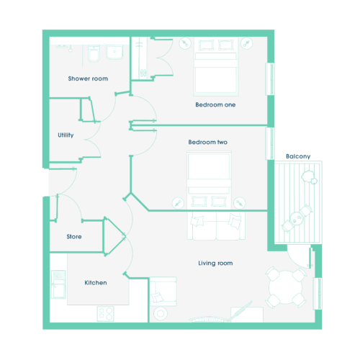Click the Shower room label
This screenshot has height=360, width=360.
(x=88, y=78)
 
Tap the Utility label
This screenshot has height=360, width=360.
(x=66, y=135)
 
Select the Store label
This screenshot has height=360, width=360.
(x=74, y=237)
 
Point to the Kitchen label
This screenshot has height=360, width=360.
(x=96, y=283)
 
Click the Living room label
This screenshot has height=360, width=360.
(x=215, y=264)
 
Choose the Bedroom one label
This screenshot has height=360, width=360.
(x=215, y=104)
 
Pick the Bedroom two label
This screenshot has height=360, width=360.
(x=207, y=142)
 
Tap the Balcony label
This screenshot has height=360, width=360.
(x=298, y=156)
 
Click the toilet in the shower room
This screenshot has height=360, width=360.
(x=94, y=53)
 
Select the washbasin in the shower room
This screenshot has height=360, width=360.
(x=114, y=52)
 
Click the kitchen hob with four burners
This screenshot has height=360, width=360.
(x=106, y=313)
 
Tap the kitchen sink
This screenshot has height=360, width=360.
(x=58, y=284)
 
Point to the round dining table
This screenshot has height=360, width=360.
(x=286, y=287)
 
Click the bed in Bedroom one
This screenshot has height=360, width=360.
(x=216, y=67)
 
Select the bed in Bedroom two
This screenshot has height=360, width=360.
(x=209, y=179)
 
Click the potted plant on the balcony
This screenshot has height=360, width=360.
(x=309, y=177)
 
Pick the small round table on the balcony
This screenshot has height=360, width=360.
(x=297, y=219)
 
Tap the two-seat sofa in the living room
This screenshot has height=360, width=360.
(x=216, y=225)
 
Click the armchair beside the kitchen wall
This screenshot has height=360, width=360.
(x=163, y=292)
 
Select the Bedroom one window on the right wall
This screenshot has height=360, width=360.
(x=270, y=79)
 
